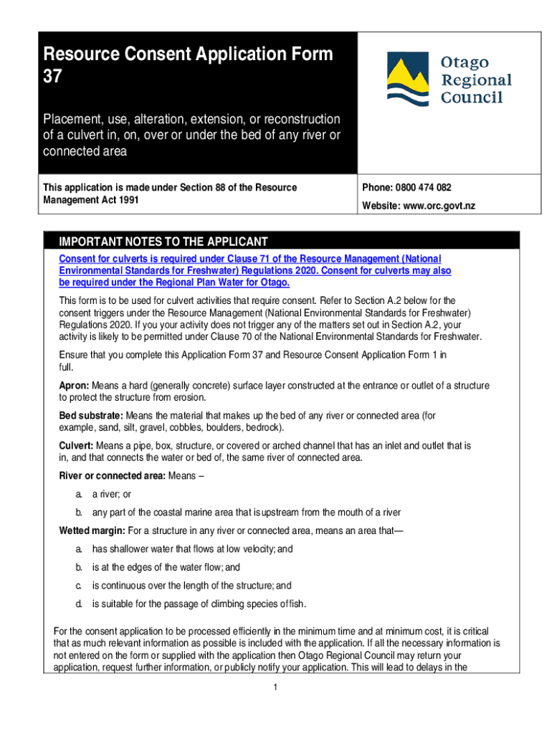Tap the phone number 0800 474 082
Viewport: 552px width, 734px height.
pos(425,188)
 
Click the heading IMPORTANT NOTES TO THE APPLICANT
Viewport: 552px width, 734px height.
pos(163,242)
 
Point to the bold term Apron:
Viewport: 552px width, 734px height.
pos(75,386)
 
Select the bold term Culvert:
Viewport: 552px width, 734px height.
pos(77,446)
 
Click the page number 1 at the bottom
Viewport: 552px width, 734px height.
pos(275,687)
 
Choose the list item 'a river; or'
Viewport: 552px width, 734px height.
pos(111,495)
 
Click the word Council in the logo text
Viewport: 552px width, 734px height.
pos(472,97)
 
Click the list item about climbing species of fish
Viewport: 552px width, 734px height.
pos(199,604)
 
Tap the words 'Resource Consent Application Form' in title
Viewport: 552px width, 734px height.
pos(188,54)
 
